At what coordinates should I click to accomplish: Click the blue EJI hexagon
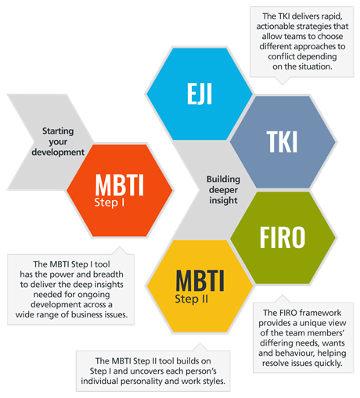200,94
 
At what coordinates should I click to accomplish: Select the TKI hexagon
283,142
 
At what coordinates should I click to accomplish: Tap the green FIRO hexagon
283,238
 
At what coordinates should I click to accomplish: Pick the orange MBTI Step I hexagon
120,191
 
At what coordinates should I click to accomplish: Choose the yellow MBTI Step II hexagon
200,286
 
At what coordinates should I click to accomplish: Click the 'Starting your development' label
58,142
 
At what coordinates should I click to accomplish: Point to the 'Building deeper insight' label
223,190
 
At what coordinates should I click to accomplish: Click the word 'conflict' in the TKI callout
281,56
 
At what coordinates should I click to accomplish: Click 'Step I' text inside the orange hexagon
110,203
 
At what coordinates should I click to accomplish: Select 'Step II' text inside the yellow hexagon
192,299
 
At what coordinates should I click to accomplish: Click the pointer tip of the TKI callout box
283,84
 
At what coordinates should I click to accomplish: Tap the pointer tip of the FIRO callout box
283,295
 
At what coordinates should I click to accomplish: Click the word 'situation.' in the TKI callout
315,66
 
